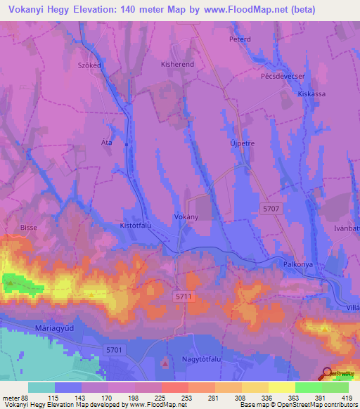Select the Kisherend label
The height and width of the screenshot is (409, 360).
point(177,64)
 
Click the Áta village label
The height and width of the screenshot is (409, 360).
point(107,142)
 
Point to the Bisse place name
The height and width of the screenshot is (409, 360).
point(29,228)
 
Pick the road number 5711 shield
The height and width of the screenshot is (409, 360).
point(184,298)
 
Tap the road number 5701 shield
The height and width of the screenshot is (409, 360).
point(114,349)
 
